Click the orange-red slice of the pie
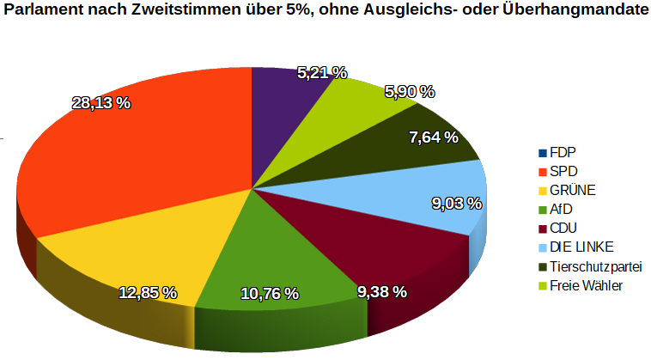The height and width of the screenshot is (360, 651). click(129, 163)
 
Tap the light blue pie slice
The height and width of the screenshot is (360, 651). click(412, 198)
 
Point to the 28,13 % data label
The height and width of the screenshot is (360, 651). click(100, 103)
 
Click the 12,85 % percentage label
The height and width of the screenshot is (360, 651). click(148, 293)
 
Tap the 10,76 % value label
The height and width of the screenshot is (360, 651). click(270, 294)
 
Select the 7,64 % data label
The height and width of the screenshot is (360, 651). click(434, 137)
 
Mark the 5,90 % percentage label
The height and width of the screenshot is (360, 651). click(408, 91)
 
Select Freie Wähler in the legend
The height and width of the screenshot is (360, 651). click(586, 285)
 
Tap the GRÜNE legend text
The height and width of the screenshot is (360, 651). click(573, 190)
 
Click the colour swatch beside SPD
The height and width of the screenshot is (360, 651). click(542, 172)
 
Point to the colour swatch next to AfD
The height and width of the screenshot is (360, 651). click(542, 210)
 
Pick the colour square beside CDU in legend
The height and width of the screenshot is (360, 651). click(542, 229)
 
